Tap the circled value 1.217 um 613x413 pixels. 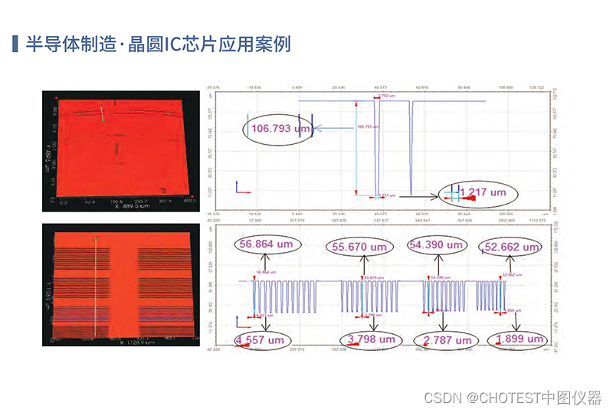(x=482, y=192)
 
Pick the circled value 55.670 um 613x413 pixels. (x=359, y=247)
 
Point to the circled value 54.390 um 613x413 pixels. (x=437, y=245)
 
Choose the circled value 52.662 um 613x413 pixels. (x=509, y=247)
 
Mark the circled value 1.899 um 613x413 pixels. (x=518, y=339)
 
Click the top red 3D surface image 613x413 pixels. (x=120, y=149)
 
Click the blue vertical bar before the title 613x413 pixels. (x=15, y=43)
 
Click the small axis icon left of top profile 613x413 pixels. (x=238, y=187)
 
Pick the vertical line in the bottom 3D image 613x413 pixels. (x=96, y=284)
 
